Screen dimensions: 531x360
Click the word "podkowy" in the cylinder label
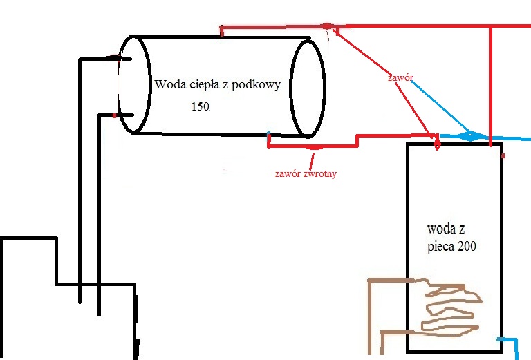tap(256, 84)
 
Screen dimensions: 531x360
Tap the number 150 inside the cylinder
tap(201, 106)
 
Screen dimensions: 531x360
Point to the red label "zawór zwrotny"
tap(306, 173)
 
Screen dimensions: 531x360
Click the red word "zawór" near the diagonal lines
tap(400, 77)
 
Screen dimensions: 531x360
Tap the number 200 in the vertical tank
tap(467, 246)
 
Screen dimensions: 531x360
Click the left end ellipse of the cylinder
tap(150, 84)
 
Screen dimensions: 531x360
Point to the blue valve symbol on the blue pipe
tap(470, 136)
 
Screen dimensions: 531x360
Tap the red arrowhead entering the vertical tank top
tap(437, 146)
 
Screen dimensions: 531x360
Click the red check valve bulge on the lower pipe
tap(315, 147)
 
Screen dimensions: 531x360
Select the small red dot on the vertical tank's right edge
tap(503, 155)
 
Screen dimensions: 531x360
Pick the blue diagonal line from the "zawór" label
tap(440, 106)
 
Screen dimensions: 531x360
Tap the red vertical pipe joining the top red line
tap(490, 86)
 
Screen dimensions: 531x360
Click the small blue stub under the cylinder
tap(269, 136)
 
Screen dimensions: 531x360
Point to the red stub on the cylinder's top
tap(221, 31)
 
